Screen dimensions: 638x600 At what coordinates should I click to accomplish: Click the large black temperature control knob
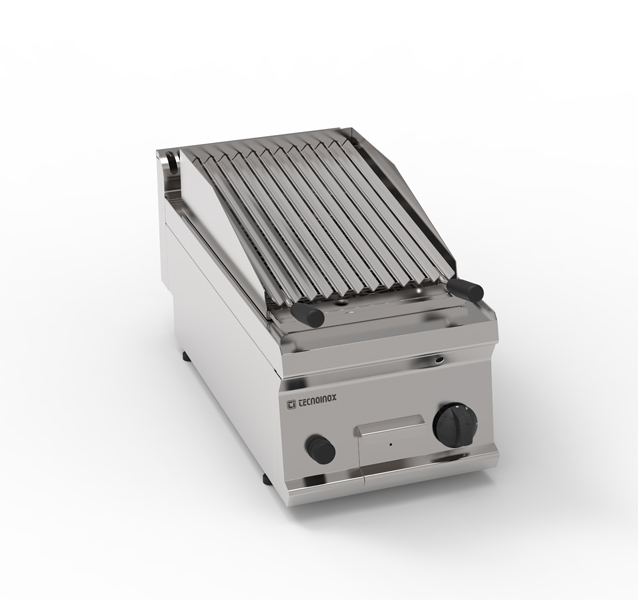455,425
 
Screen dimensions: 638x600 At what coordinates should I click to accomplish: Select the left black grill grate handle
310,313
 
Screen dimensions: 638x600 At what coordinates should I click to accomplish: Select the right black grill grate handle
466,288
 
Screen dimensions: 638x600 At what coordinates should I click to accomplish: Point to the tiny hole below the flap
391,444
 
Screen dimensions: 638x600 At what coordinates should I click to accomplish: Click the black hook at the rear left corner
174,159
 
